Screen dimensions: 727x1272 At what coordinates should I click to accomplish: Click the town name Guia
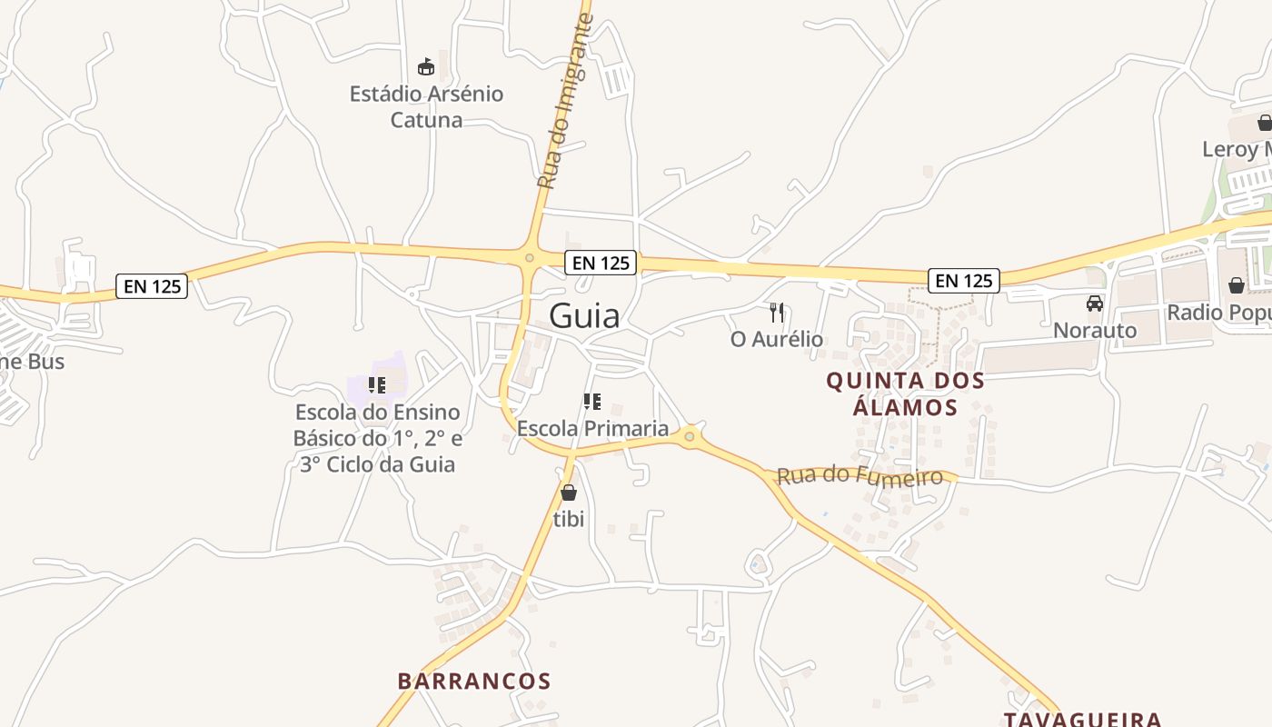[584, 315]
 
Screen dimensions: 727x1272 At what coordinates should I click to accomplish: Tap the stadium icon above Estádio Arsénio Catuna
[426, 66]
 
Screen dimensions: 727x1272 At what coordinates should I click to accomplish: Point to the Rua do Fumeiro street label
[860, 475]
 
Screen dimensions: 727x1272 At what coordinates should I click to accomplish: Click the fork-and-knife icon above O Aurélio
[777, 313]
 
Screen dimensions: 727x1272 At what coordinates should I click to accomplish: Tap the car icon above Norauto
[1095, 304]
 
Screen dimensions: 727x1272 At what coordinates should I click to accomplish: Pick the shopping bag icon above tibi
[569, 493]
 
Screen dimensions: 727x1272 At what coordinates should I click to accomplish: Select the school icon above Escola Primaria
[592, 402]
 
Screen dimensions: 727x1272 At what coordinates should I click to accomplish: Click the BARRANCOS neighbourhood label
[474, 681]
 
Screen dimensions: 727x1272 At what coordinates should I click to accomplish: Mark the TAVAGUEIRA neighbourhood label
[1083, 719]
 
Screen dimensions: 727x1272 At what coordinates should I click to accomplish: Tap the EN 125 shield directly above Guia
[601, 263]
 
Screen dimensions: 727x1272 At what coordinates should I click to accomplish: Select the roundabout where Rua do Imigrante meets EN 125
[530, 258]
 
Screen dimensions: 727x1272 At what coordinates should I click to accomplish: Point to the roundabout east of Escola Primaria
[690, 437]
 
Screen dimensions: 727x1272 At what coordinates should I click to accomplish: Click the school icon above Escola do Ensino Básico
[377, 385]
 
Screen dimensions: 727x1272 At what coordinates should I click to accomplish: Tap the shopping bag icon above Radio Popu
[1237, 285]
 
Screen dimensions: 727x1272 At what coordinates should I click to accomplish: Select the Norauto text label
[1095, 330]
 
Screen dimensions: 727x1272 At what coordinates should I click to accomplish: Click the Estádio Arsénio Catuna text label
[426, 106]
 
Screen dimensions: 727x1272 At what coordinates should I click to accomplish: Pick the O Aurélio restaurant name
[777, 339]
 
